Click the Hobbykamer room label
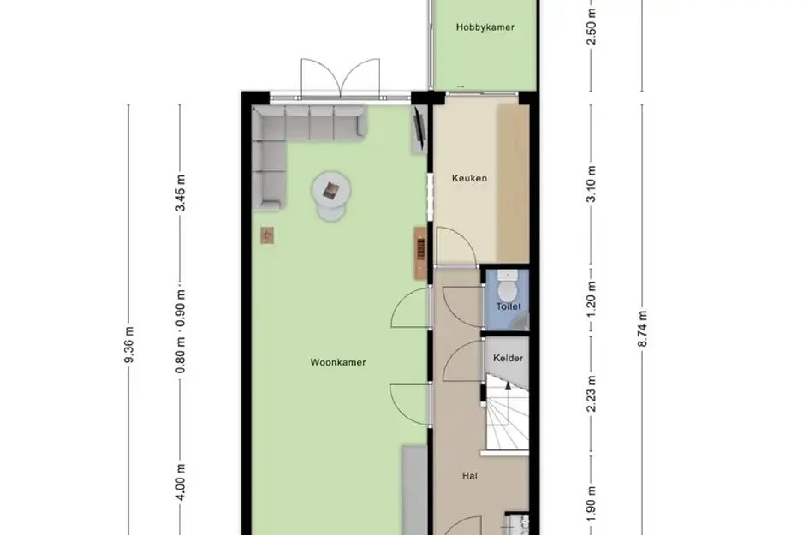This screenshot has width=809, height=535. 485,27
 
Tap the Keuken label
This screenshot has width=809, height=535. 469,179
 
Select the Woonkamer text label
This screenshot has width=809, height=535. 338,362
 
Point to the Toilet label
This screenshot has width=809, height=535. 509,306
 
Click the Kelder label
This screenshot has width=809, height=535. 507,358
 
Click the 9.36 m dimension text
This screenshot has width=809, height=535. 130,345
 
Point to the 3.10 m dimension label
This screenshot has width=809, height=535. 592,187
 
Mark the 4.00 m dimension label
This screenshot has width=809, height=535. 181,480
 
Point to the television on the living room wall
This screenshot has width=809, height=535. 419,128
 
